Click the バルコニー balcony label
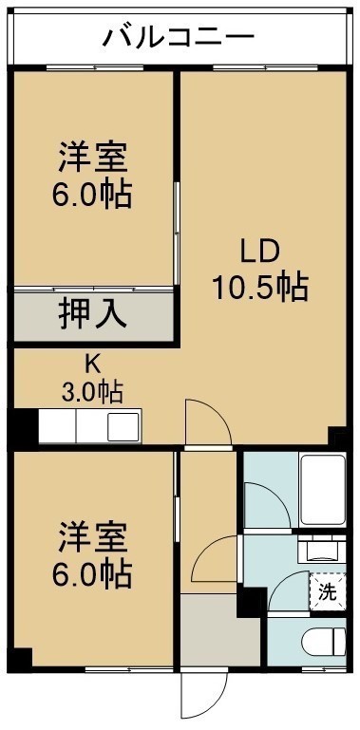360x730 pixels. [x=179, y=37]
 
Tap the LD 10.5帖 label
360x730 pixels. [x=260, y=269]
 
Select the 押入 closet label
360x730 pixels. [x=92, y=316]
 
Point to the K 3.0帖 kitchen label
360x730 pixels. [x=92, y=379]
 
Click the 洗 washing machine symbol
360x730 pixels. [x=328, y=591]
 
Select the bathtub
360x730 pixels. [x=323, y=490]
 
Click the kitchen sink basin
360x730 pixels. [x=123, y=427]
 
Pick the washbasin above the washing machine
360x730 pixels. [x=322, y=550]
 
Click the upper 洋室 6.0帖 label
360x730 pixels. [x=92, y=176]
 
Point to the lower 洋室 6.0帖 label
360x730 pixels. [x=92, y=555]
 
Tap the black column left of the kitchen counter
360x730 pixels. [x=25, y=427]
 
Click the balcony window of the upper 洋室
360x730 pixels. [x=95, y=68]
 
